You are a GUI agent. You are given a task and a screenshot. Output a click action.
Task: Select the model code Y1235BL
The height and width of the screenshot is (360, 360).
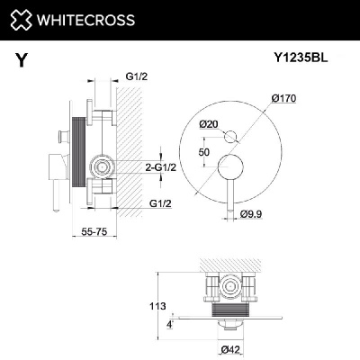coord(299,58)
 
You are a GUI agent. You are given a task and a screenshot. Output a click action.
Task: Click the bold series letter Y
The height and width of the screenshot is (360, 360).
coord(20,61)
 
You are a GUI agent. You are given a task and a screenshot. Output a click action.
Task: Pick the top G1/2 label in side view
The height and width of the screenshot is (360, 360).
coord(136,76)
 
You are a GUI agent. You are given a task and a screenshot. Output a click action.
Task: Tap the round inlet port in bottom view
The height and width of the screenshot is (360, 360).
coord(231,289)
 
